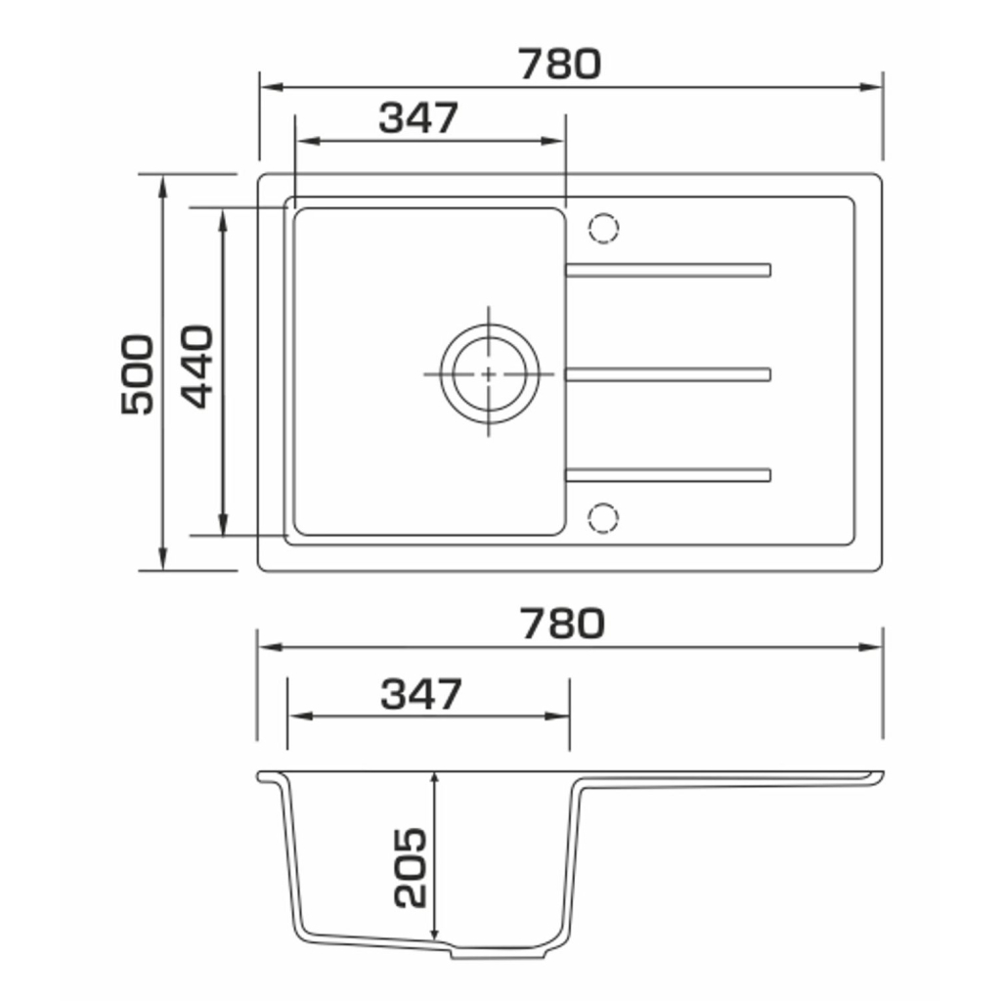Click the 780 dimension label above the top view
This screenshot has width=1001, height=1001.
pos(559,64)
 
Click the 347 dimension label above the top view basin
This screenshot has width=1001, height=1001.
pos(418,117)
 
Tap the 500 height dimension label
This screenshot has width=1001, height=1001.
pos(137,374)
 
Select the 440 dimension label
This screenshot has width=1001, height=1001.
pos(196,367)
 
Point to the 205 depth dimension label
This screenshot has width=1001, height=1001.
pos(410,868)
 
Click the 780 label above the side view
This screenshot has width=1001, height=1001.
pos(562,624)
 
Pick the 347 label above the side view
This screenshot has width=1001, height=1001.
pos(420,694)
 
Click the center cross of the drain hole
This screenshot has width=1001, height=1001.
pos(489,374)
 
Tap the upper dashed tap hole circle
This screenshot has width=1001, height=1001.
pos(603,228)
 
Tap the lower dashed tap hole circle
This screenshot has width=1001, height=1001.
pos(603,517)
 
